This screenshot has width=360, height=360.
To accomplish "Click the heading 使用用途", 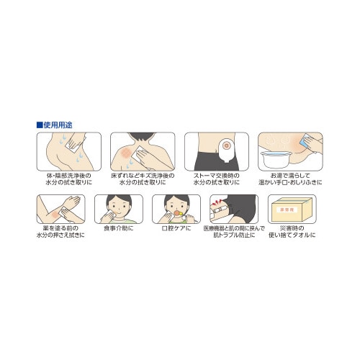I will [x=60, y=125].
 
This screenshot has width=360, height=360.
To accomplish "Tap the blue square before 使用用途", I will [x=40, y=125].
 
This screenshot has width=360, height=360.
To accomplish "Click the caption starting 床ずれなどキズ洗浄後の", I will [x=141, y=179].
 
